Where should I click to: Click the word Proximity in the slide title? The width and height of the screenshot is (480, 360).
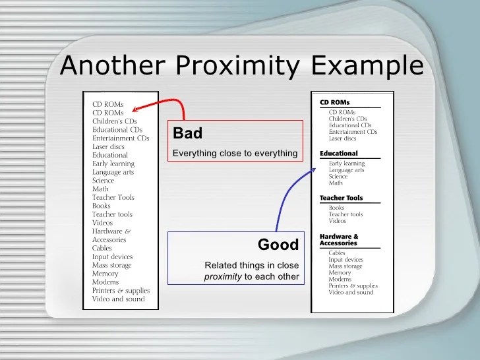point(237,66)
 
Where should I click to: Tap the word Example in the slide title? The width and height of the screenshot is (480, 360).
point(367,66)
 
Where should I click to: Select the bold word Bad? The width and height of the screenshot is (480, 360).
point(187,133)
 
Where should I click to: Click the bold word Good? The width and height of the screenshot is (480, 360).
point(278,244)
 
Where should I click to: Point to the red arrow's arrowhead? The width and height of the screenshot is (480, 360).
point(135,109)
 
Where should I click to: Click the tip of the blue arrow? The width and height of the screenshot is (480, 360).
point(316,168)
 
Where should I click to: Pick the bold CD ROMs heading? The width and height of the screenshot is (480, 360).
point(334,102)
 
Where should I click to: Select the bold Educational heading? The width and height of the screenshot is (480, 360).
point(339,153)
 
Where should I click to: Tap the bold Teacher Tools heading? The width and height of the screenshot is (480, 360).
point(341,198)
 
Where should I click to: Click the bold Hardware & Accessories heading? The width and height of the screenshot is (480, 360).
point(339,240)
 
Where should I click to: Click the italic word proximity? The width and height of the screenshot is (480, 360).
point(223,277)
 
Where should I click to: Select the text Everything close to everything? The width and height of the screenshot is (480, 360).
point(235,153)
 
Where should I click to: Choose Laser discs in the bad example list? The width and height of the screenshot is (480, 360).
point(108,146)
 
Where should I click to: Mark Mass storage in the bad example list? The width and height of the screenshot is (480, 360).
point(111,265)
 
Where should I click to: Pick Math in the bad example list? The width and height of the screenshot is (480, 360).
point(100,189)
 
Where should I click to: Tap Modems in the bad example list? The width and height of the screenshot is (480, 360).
point(105,282)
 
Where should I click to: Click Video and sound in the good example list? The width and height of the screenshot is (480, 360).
point(351,292)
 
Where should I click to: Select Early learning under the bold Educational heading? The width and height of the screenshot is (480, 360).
point(347,164)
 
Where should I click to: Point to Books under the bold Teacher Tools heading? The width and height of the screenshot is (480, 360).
point(336,208)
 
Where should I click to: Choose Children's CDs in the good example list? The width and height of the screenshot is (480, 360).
point(347,119)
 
